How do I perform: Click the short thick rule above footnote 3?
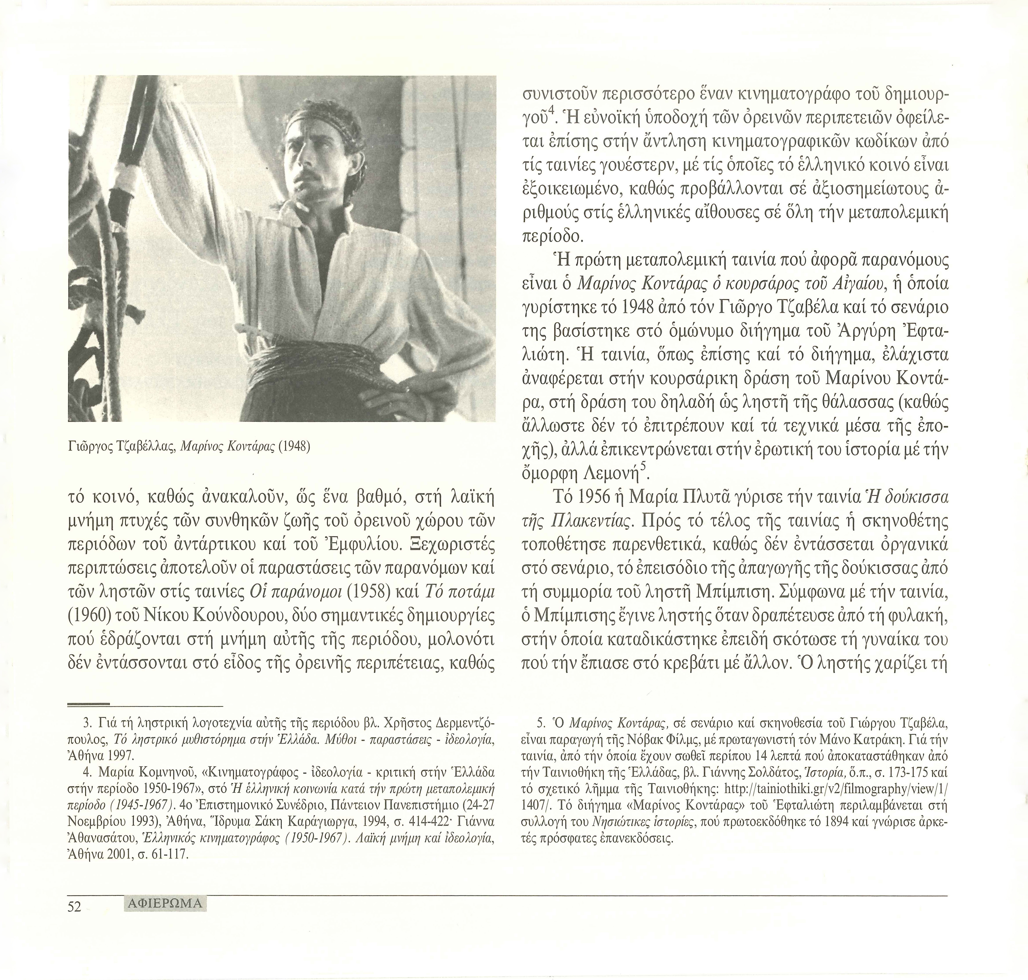[x=89, y=704]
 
